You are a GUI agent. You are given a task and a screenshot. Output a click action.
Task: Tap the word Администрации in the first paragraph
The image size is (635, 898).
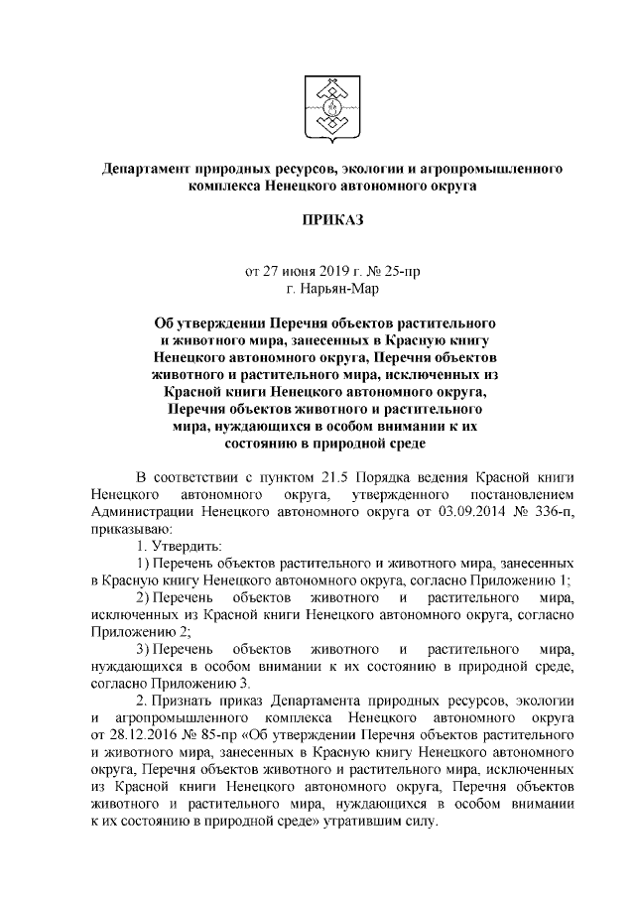coord(139,511)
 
